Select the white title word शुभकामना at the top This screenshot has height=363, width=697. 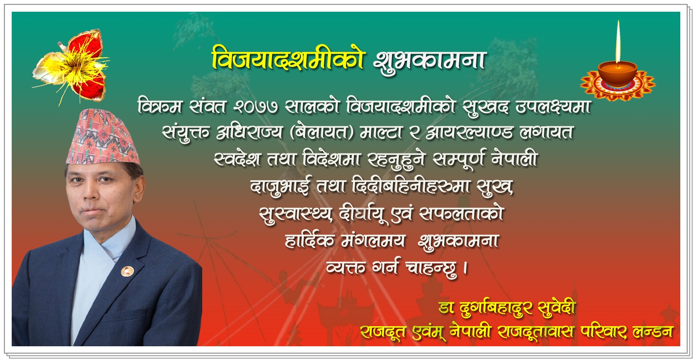tap(430, 60)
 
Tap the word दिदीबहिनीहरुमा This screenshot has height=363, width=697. tap(411, 186)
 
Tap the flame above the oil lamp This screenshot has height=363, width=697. tap(618, 41)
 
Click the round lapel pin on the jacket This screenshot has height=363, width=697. tap(127, 271)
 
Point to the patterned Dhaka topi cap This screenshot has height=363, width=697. tap(103, 137)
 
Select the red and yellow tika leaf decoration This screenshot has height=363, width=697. tap(71, 66)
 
